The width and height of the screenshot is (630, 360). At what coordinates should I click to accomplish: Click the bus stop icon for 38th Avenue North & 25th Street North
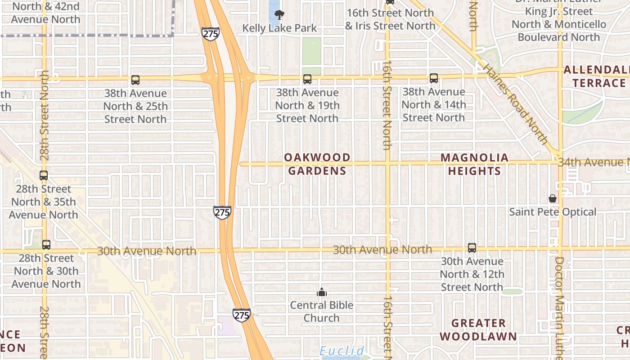[x=135, y=80]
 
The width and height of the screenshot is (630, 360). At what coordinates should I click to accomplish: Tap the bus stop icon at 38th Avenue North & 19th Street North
[x=307, y=79]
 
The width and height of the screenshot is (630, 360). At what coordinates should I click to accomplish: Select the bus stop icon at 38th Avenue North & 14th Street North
[x=434, y=78]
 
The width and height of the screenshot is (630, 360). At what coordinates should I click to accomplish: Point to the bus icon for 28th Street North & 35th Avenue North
[x=44, y=175]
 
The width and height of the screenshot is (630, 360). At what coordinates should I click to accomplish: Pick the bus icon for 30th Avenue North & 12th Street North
[x=472, y=247]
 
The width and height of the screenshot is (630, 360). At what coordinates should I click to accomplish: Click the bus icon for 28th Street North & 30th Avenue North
[x=46, y=245]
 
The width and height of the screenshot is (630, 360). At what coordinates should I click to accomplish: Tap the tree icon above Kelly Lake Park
[x=279, y=15]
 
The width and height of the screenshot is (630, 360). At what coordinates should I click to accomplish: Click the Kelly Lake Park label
[x=279, y=28]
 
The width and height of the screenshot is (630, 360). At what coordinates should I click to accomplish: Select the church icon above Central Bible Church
[x=321, y=292]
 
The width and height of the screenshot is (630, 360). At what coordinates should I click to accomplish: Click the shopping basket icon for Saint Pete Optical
[x=553, y=198]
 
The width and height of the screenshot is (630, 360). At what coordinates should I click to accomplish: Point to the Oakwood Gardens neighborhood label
[x=317, y=164]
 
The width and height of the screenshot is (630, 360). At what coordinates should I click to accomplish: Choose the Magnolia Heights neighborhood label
[x=474, y=164]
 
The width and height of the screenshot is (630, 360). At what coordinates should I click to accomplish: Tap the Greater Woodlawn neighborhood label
[x=478, y=329]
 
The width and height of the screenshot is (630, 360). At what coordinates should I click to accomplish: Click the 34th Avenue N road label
[x=593, y=162]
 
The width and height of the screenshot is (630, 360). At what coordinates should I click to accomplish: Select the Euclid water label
[x=342, y=351]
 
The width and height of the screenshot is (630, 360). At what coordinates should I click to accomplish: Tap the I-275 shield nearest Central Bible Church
[x=242, y=315]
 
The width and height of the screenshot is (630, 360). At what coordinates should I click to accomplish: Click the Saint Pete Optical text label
[x=553, y=211]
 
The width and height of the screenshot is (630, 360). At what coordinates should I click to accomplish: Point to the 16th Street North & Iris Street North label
[x=390, y=19]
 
